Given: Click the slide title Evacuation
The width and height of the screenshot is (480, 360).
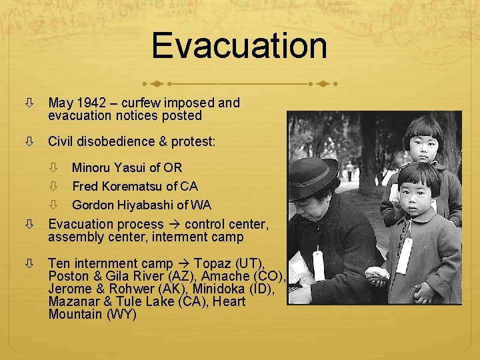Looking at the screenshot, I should point(239,45).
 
